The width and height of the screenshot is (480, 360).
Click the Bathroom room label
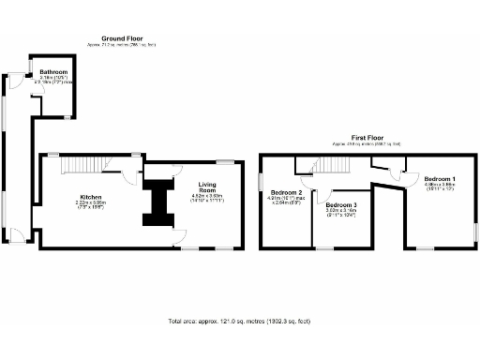pos(53,72)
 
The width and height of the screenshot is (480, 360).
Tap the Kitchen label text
pos(90,196)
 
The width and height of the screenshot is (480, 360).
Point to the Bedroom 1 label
pos(440,178)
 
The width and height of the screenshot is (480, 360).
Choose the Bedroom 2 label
pos(286,191)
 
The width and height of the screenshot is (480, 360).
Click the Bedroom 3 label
pos(341,204)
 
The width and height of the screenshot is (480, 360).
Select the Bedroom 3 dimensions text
pos(341,212)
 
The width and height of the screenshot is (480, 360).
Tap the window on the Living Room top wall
pos(226,160)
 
